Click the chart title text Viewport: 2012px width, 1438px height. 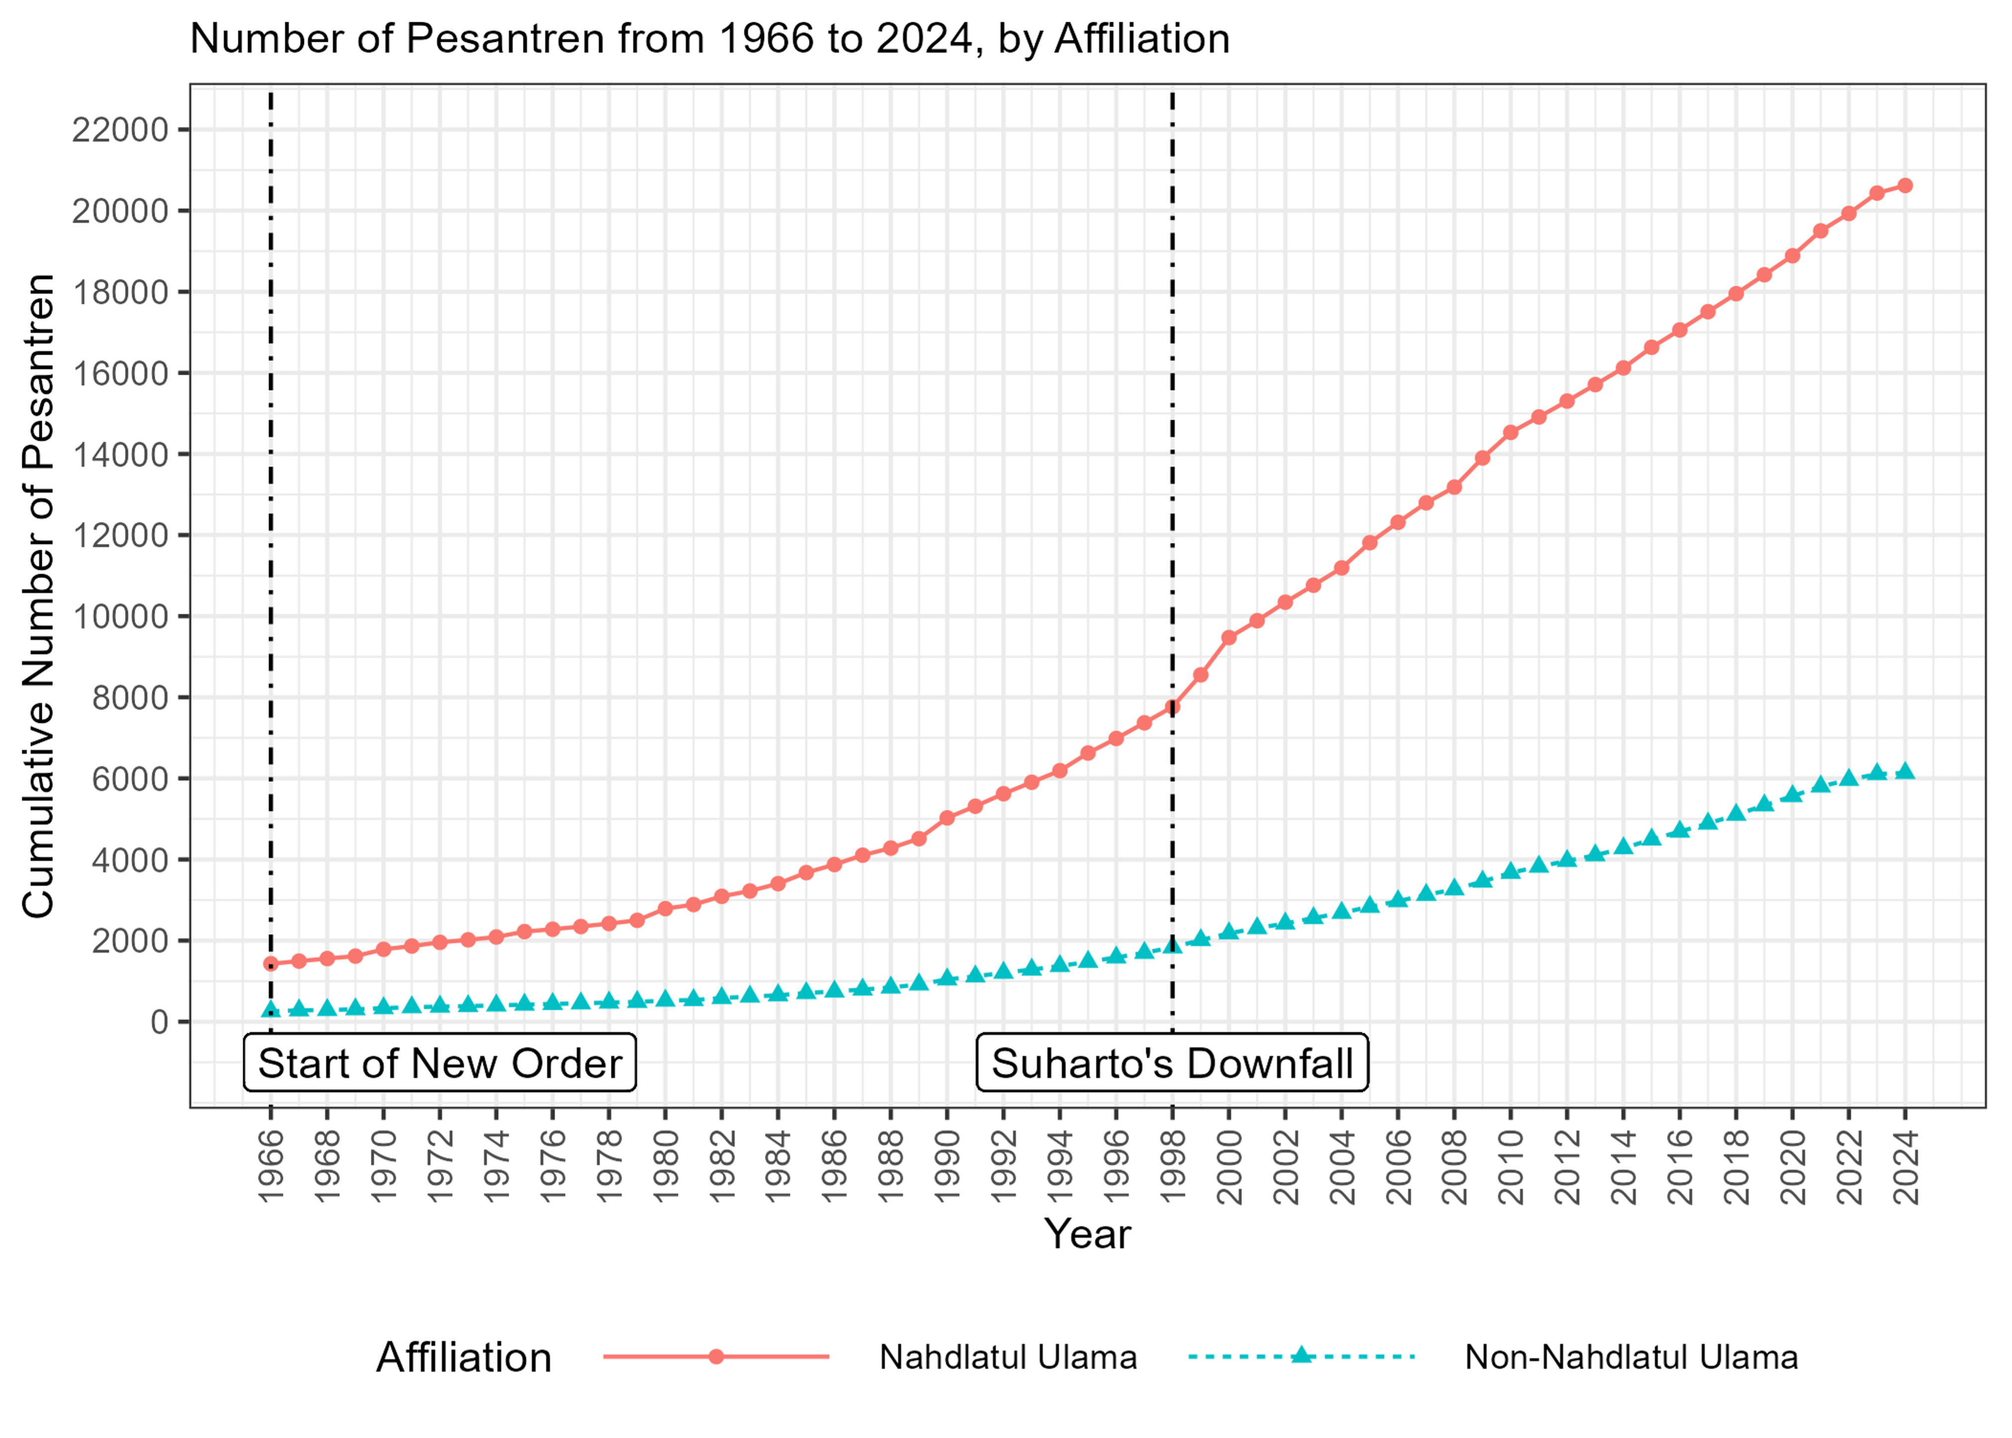coord(709,39)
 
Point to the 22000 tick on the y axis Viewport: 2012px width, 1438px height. coord(119,130)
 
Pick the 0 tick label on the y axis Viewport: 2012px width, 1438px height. coord(159,1022)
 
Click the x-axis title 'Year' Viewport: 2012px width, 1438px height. coord(1087,1234)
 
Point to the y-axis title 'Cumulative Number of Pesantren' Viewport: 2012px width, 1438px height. coord(39,596)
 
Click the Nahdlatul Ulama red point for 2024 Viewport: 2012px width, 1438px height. coord(1905,185)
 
